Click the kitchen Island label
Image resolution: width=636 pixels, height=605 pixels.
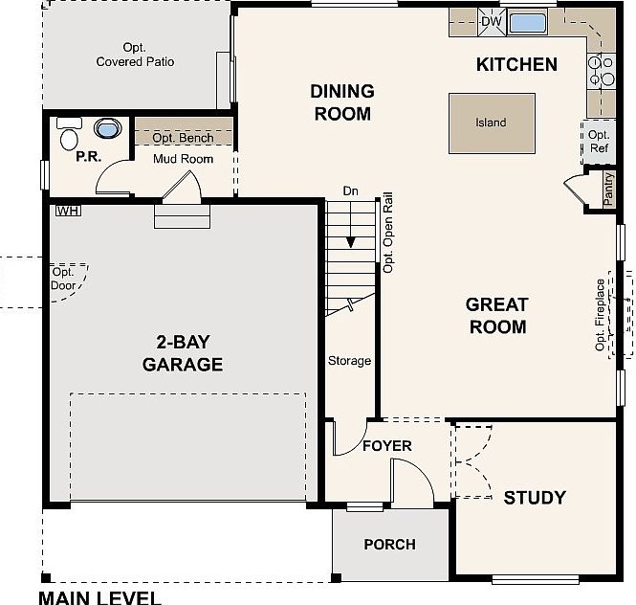pyautogui.click(x=491, y=123)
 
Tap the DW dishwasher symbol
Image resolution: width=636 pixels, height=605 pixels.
pyautogui.click(x=492, y=22)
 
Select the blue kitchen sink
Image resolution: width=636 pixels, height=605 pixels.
pyautogui.click(x=527, y=22)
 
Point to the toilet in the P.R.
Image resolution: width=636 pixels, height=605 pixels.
pyautogui.click(x=69, y=134)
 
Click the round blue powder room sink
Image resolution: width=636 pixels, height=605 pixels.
pyautogui.click(x=107, y=128)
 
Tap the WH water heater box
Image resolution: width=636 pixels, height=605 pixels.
pyautogui.click(x=68, y=211)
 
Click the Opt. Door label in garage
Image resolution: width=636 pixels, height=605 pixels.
pyautogui.click(x=63, y=279)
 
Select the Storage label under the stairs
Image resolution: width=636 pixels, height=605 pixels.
pyautogui.click(x=349, y=361)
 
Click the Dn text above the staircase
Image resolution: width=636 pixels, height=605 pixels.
pyautogui.click(x=350, y=190)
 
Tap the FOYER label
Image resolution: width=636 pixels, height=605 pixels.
pyautogui.click(x=387, y=446)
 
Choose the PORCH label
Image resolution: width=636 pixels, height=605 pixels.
pyautogui.click(x=390, y=545)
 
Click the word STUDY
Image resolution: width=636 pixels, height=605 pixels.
pyautogui.click(x=535, y=498)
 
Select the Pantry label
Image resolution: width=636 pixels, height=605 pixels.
pyautogui.click(x=608, y=189)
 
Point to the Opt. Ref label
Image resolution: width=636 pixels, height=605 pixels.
pyautogui.click(x=599, y=142)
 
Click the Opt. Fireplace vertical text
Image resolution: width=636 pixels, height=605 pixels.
pyautogui.click(x=600, y=315)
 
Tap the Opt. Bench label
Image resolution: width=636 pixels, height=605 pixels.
pyautogui.click(x=183, y=138)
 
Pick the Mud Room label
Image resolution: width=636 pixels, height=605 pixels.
pyautogui.click(x=183, y=159)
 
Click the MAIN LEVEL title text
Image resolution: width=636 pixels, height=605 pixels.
pyautogui.click(x=99, y=597)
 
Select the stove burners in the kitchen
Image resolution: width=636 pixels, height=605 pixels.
pyautogui.click(x=602, y=70)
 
